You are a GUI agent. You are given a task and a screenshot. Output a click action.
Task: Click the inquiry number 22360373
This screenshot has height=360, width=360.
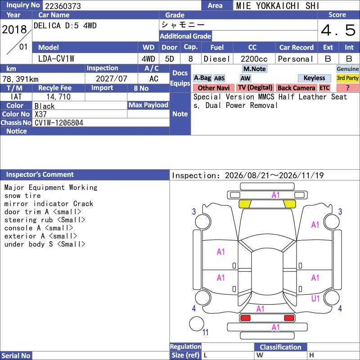tap(63, 6)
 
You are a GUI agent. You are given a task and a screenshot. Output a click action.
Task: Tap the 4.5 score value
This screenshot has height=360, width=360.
tap(338, 30)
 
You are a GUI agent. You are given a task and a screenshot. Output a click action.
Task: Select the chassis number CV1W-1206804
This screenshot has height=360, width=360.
tap(59, 123)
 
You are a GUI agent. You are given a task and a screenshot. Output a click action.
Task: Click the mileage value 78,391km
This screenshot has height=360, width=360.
tap(20, 79)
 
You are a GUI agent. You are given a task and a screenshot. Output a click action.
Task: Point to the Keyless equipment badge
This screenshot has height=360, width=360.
tap(314, 78)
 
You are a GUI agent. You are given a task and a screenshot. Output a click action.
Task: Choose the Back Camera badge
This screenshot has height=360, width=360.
tap(296, 88)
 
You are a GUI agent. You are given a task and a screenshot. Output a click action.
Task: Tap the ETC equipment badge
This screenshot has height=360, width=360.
tap(324, 88)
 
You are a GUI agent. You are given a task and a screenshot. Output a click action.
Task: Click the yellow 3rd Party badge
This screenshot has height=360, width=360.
tap(347, 78)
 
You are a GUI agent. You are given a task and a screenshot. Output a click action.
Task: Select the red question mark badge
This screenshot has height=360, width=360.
tap(347, 88)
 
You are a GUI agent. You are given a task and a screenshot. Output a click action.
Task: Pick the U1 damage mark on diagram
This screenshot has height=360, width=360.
tap(315, 298)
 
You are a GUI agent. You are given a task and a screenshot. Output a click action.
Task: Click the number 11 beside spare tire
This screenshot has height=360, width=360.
tap(205, 332)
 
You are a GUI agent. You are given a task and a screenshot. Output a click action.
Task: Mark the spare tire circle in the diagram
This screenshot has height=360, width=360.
tap(197, 324)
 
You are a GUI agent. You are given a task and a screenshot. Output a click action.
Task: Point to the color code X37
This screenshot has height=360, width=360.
tap(40, 114)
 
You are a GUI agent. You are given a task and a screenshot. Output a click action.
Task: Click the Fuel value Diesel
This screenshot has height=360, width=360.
tap(217, 59)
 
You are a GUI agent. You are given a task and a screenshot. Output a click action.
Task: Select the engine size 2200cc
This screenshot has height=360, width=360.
tap(254, 59)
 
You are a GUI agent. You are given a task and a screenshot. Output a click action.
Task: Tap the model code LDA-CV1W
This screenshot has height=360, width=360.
tap(56, 59)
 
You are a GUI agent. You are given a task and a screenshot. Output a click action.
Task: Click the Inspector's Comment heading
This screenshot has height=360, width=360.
tap(40, 175)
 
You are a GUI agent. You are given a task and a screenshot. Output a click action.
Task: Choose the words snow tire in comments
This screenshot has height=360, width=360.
tap(22, 196)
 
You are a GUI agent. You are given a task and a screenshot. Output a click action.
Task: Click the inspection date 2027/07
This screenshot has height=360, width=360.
tap(111, 78)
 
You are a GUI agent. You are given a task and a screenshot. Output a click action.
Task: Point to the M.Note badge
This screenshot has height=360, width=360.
tap(255, 69)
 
